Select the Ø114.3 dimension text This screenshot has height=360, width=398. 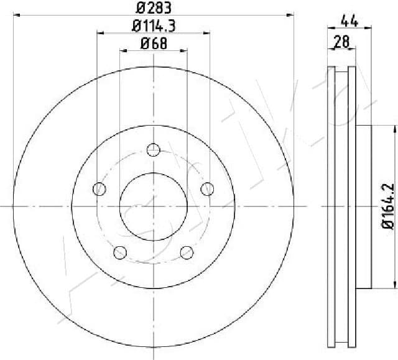(x=153, y=26)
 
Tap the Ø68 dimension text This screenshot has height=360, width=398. (x=153, y=44)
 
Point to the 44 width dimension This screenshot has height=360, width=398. (x=349, y=21)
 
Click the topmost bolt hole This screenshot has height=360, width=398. (x=153, y=150)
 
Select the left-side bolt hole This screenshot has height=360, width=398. (x=98, y=188)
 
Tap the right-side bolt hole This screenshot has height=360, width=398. (x=207, y=188)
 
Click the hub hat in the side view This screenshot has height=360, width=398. (x=364, y=206)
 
